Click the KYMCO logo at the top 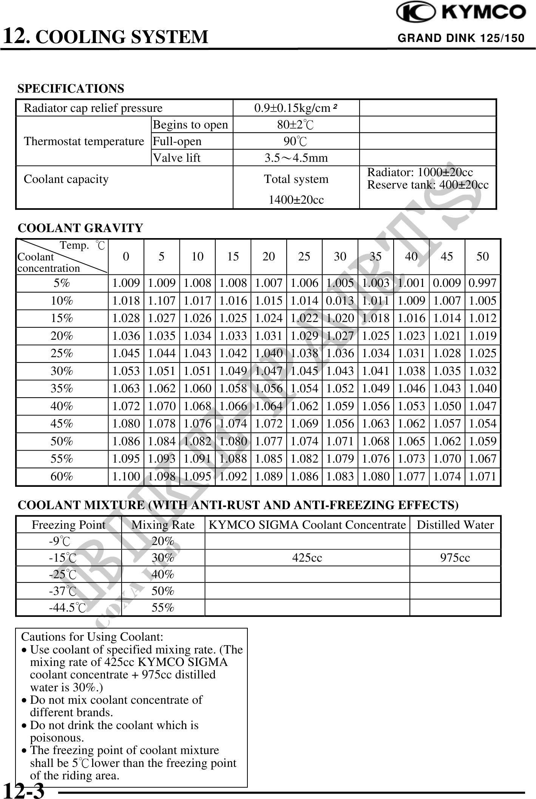(461, 12)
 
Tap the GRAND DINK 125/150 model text (461, 38)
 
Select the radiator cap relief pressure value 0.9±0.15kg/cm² (295, 108)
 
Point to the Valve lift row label (176, 158)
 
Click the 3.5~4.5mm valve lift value (296, 158)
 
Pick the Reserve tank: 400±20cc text (428, 185)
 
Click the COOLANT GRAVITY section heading (80, 228)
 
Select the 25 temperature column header (304, 257)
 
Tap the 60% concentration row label (62, 476)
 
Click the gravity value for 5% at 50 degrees (482, 283)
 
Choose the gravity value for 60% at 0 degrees (126, 476)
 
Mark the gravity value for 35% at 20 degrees (269, 389)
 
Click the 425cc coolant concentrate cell (307, 558)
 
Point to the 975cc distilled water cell (455, 558)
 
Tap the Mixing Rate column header (163, 525)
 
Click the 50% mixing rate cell (163, 591)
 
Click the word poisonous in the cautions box (57, 737)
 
